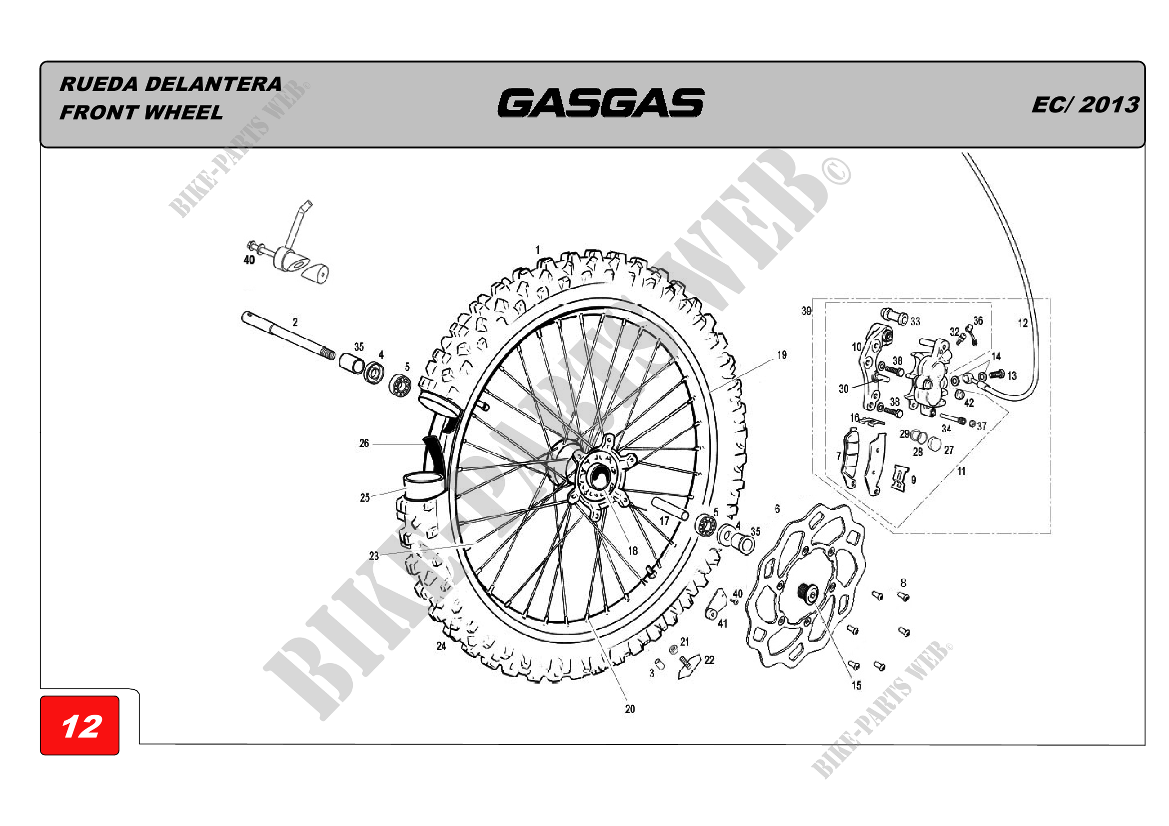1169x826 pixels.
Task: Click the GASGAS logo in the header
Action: point(601,103)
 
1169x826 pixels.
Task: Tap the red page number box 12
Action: point(80,726)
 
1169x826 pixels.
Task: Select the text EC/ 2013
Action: point(1085,105)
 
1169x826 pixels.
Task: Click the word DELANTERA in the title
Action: point(213,84)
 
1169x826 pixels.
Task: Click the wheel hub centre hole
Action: point(597,477)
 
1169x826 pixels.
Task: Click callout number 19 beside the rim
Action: point(782,355)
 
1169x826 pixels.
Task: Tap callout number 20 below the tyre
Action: point(630,709)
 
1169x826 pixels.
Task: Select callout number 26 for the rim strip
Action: point(364,443)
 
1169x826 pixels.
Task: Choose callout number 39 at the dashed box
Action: point(806,311)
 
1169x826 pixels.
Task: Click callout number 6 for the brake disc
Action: point(777,508)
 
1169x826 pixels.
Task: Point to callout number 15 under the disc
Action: point(857,686)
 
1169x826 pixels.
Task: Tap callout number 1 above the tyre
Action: point(538,250)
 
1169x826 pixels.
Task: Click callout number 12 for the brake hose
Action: point(1023,323)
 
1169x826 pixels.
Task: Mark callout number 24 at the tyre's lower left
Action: point(441,646)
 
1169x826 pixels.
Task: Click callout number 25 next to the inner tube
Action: point(364,497)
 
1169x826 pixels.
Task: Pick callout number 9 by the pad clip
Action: point(914,480)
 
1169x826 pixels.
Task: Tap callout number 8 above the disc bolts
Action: point(903,583)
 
